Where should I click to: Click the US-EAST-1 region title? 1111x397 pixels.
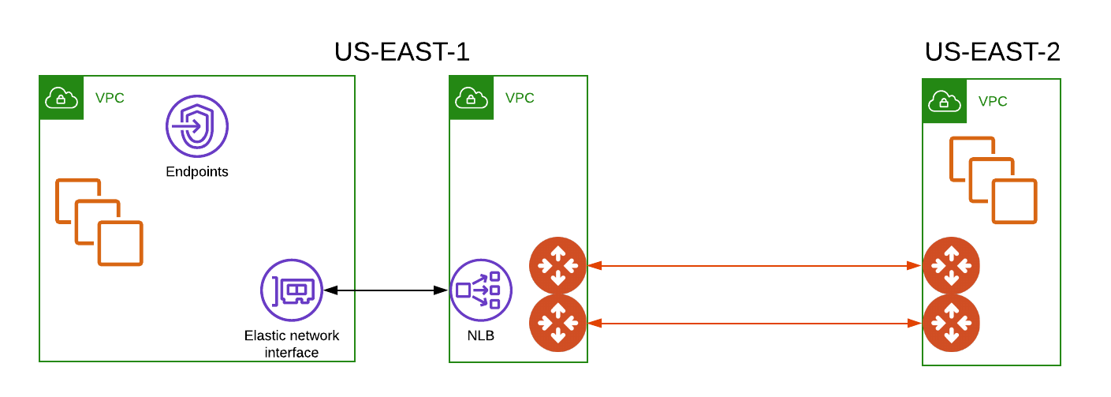(401, 52)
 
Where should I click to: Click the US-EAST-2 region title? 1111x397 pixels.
(992, 52)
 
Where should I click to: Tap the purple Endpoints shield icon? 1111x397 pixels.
(196, 127)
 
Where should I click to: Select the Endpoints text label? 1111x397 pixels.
(196, 171)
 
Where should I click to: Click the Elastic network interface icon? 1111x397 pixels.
(292, 290)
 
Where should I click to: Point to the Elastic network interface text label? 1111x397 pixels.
(292, 343)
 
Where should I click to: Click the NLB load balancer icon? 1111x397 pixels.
(481, 290)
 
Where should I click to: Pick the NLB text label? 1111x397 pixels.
(480, 336)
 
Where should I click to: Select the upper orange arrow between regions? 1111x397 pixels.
(755, 266)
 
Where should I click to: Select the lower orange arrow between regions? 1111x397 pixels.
(755, 323)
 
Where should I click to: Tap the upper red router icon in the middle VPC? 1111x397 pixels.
(557, 265)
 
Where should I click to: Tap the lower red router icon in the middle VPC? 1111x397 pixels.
(557, 323)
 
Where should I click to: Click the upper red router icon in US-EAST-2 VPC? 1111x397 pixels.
(951, 265)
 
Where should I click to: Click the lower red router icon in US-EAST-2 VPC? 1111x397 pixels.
(951, 323)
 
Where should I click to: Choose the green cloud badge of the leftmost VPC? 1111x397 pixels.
(62, 98)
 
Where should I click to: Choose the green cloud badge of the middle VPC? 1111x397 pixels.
(471, 98)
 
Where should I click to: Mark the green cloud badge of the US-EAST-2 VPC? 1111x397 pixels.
(944, 101)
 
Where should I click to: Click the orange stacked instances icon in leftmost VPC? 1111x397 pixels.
(99, 222)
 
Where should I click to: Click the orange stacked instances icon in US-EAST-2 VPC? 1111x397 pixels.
(993, 180)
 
